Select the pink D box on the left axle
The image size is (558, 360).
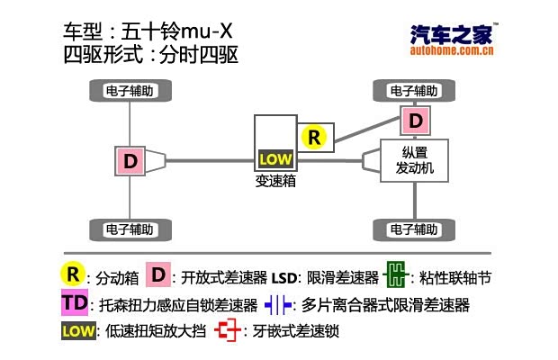click(x=130, y=161)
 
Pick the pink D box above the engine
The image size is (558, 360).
click(x=414, y=120)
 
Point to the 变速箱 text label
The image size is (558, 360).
click(x=275, y=180)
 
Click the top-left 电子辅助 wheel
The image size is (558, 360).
click(x=130, y=90)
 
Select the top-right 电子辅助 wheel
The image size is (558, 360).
click(x=414, y=90)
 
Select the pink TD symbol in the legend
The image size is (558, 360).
click(x=76, y=302)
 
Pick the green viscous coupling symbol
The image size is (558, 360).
click(x=393, y=274)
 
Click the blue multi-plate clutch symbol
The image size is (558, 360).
click(x=277, y=304)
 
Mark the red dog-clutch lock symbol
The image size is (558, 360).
click(x=230, y=332)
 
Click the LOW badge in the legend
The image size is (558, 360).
click(x=77, y=331)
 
